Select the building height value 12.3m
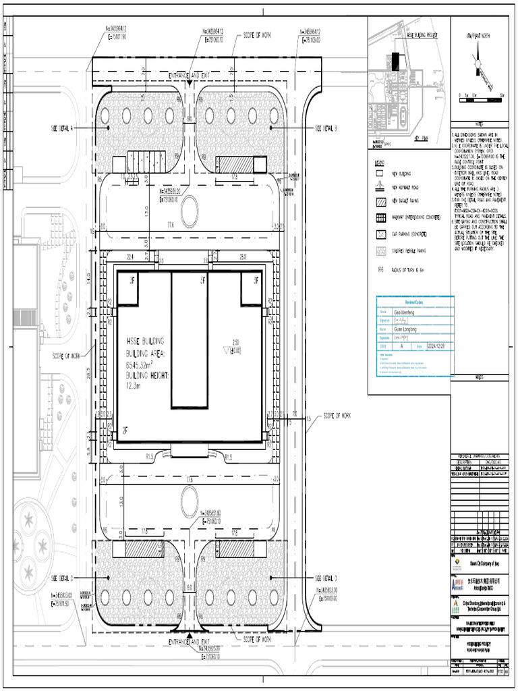click(x=136, y=385)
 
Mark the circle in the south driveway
click(x=190, y=501)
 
